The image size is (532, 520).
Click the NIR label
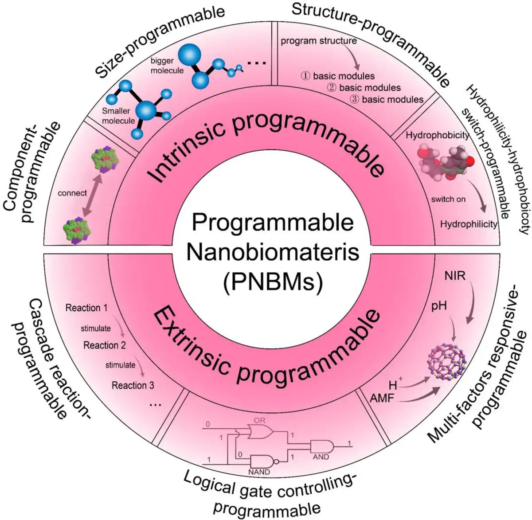454,276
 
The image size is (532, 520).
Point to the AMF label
382,398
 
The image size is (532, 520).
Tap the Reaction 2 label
105,345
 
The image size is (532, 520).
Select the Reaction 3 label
133,386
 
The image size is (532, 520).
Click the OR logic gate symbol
260,432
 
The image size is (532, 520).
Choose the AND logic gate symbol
322,446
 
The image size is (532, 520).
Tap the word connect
72,193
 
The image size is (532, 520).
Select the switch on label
448,199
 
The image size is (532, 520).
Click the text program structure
319,41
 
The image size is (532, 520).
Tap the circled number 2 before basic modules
331,88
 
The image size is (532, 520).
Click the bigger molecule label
167,66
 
